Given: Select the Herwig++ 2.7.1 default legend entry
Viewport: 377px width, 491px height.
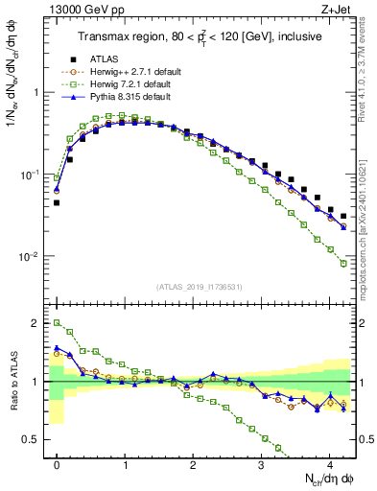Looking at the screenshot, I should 129,72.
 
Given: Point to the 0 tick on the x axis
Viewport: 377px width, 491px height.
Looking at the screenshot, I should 58,463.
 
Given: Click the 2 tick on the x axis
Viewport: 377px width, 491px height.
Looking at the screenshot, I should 194,463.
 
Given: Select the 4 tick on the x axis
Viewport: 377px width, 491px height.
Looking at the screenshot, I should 330,463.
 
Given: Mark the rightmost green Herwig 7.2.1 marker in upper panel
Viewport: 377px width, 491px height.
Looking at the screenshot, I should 343,264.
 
